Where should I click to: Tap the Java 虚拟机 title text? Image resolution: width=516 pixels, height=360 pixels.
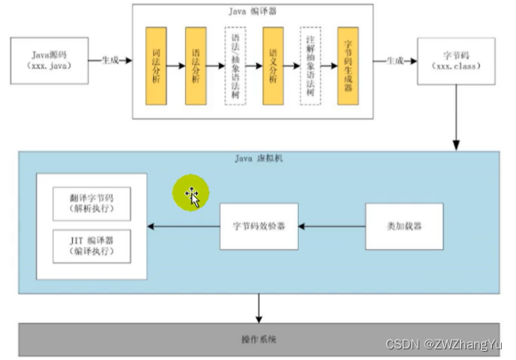[257, 160]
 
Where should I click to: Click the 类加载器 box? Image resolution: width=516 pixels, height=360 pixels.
[404, 226]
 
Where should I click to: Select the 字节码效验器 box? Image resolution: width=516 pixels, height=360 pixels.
[259, 226]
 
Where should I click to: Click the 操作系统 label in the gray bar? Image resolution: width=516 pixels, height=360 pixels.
[258, 340]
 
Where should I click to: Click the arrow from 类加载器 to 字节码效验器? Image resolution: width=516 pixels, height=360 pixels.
[332, 226]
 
